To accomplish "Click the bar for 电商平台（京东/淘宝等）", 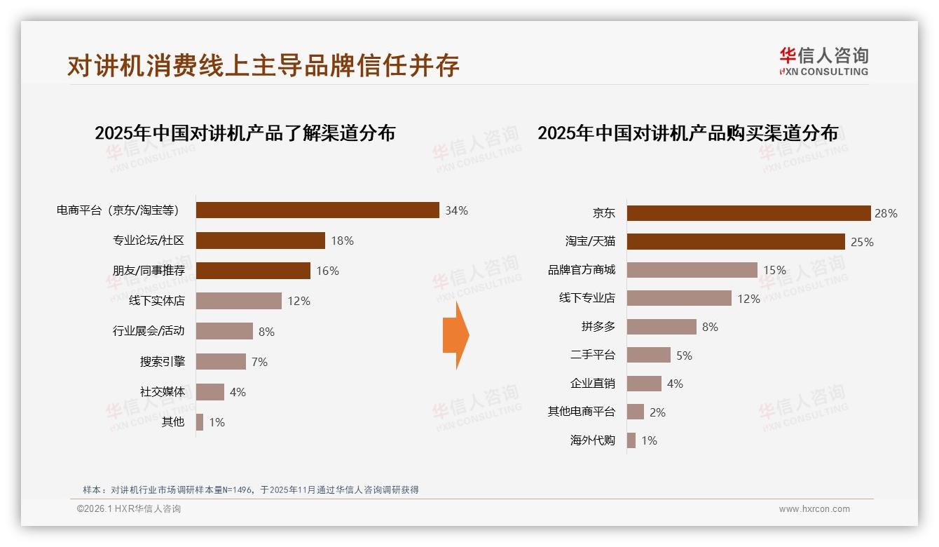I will pos(317,210).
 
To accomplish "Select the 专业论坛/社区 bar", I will pos(260,241).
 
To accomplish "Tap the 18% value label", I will pos(342,241).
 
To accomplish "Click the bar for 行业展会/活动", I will pos(224,331).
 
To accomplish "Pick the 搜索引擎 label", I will pos(163,362).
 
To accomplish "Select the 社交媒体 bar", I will pos(210,392).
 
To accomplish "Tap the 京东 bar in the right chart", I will pos(748,213).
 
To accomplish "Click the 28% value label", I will pos(886,213).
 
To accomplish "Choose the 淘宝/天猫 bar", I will pos(736,242).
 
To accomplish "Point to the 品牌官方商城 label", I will pos(581,270).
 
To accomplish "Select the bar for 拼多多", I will pos(662,327).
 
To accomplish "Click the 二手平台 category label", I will pos(592,356).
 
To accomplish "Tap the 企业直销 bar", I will pos(644,384).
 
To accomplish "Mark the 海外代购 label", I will pos(592,440).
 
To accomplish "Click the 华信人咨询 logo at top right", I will pos(823,61).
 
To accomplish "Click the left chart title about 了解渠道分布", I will pos(245,133).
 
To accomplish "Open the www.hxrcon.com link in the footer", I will pos(814,509).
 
